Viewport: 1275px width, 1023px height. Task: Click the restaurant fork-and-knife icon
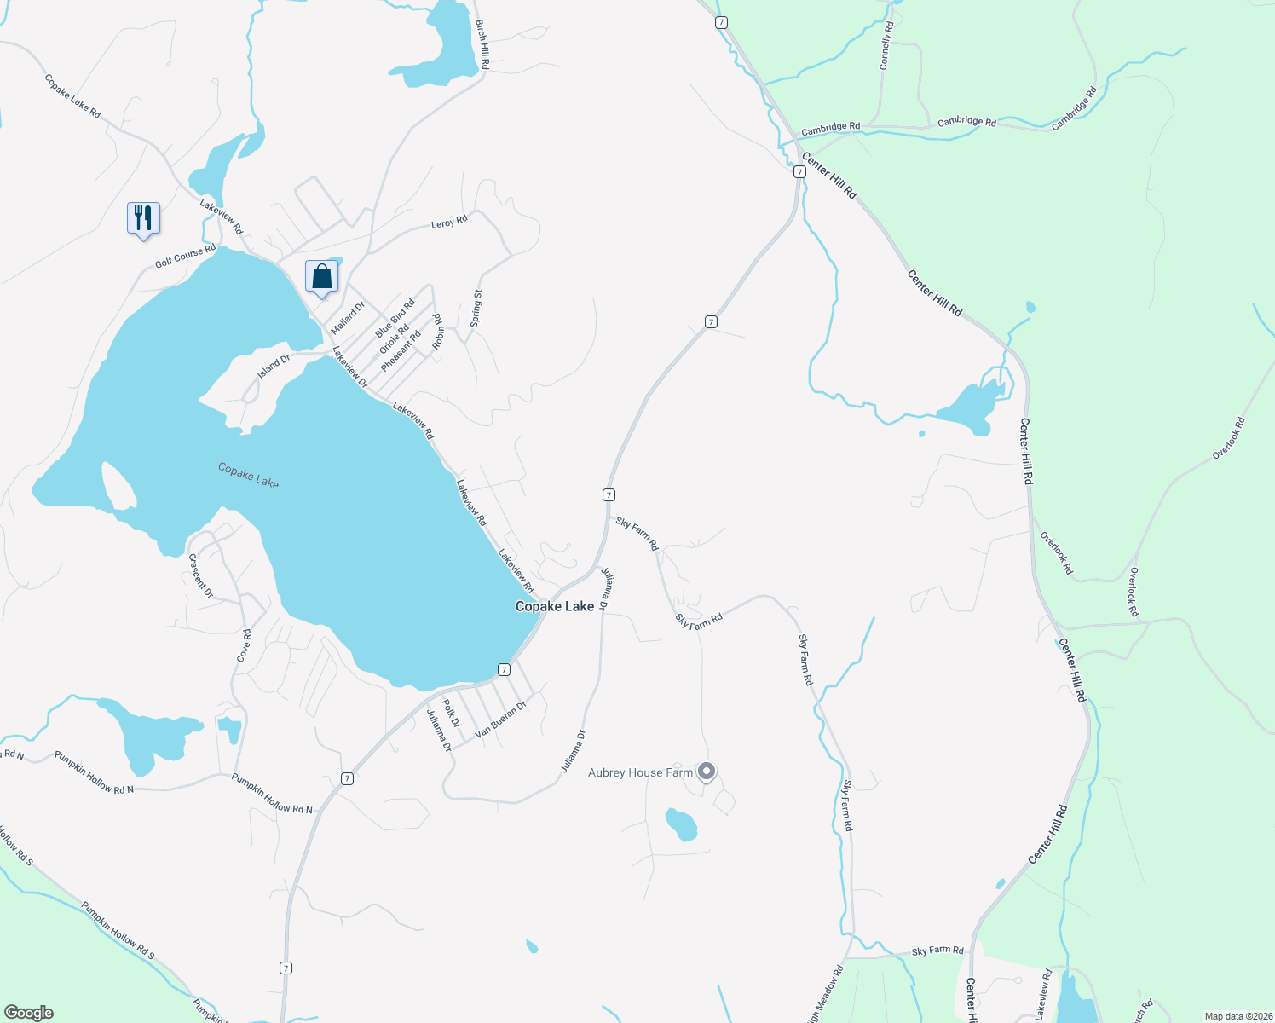click(143, 218)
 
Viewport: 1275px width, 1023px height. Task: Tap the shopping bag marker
click(321, 276)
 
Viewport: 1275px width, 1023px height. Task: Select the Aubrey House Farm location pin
click(707, 772)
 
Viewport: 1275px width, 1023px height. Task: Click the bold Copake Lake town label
click(555, 606)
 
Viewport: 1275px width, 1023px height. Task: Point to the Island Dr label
click(274, 367)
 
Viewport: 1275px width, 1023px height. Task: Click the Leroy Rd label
click(449, 222)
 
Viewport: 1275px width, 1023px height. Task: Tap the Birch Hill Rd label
click(482, 44)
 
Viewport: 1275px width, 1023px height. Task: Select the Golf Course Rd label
click(185, 256)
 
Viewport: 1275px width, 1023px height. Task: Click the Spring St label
click(476, 309)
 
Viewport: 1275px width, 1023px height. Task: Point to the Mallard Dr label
click(348, 317)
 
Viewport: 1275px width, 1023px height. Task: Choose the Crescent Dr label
click(200, 576)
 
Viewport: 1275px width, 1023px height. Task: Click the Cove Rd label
click(245, 645)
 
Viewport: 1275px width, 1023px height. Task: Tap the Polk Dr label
click(451, 713)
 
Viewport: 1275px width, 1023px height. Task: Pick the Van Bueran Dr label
click(501, 720)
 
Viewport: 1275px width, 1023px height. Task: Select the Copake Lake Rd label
click(72, 96)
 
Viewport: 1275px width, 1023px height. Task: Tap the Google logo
click(29, 1012)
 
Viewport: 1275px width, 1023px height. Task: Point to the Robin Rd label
click(437, 332)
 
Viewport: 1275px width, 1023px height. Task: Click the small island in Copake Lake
click(118, 487)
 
